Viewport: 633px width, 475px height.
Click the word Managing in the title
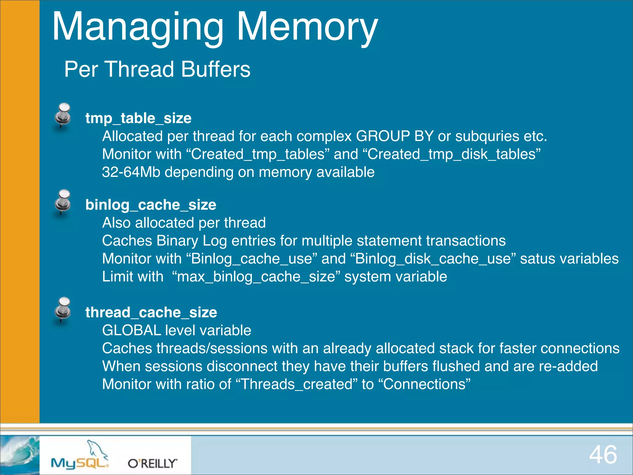(138, 27)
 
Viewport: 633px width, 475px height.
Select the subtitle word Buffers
(215, 69)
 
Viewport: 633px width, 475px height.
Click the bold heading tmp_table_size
(138, 118)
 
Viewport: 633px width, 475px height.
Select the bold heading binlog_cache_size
(151, 205)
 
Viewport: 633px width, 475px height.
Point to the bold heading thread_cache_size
(151, 313)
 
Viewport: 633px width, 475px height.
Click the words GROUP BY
(394, 136)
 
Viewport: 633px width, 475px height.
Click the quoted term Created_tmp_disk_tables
(454, 154)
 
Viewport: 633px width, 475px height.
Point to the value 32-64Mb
(131, 172)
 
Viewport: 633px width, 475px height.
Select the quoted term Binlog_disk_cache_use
(433, 259)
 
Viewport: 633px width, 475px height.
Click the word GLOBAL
(132, 331)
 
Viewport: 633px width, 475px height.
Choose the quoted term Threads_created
(296, 384)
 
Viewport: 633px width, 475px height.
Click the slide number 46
(603, 455)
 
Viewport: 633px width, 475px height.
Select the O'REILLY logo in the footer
(152, 463)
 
